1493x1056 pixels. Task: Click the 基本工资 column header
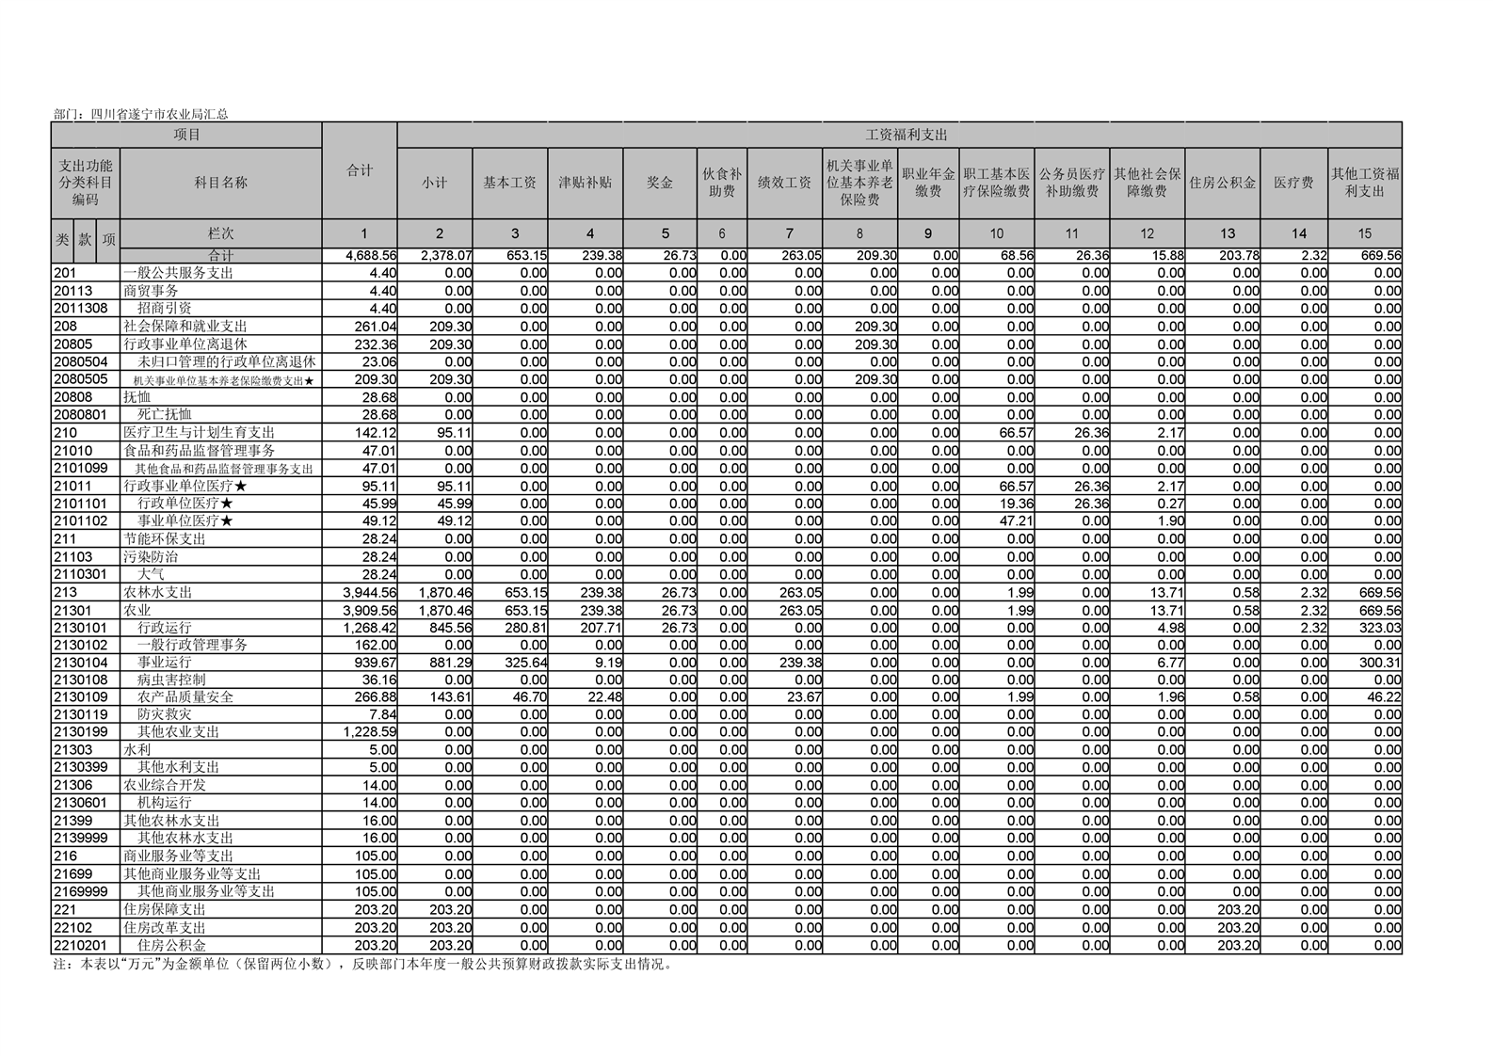coord(509,183)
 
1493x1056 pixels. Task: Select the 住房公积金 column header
coord(1222,183)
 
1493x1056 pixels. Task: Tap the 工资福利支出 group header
coord(899,135)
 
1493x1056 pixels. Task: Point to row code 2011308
coord(80,309)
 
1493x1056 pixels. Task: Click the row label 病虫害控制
coord(171,680)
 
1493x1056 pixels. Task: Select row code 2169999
coord(80,891)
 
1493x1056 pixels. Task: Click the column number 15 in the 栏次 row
coord(1364,233)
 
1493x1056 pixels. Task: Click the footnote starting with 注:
coord(362,965)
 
